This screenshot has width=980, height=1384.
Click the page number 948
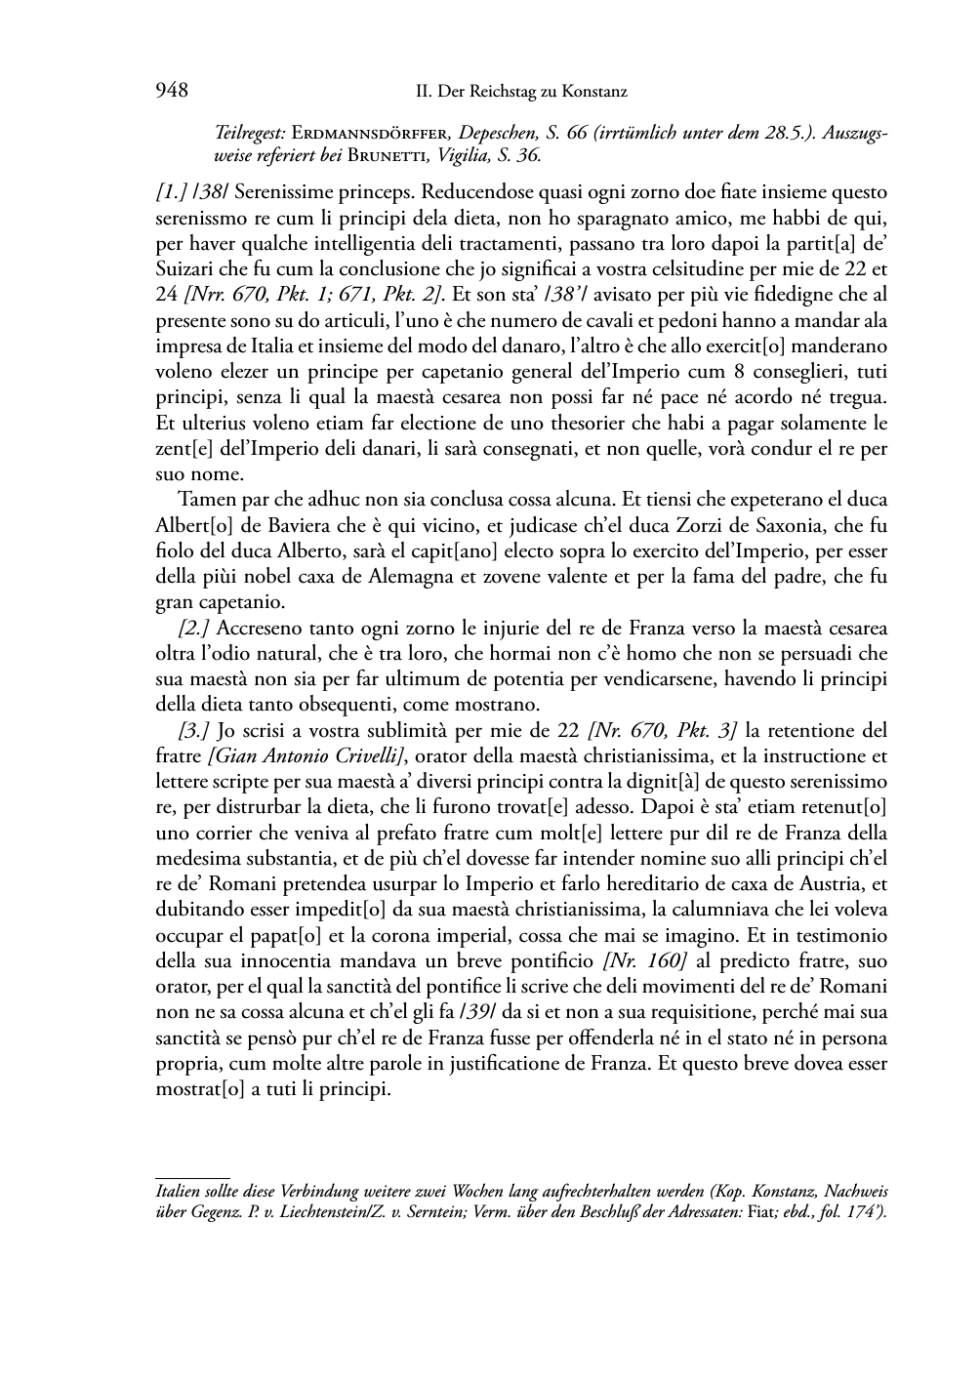click(x=171, y=91)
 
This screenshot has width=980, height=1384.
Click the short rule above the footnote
click(x=192, y=1178)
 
